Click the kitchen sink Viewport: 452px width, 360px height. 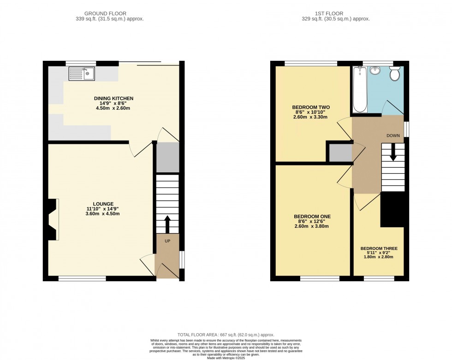coord(82,73)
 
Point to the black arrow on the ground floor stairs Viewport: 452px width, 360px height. coord(167,224)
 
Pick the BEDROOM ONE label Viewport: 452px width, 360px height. coord(312,216)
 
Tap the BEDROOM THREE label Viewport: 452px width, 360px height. coord(379,249)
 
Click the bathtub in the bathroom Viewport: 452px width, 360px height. coord(360,89)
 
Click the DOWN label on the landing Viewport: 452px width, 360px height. coord(393,136)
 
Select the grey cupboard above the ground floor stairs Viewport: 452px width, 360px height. coord(167,158)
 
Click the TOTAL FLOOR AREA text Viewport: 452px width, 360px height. coord(226,335)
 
